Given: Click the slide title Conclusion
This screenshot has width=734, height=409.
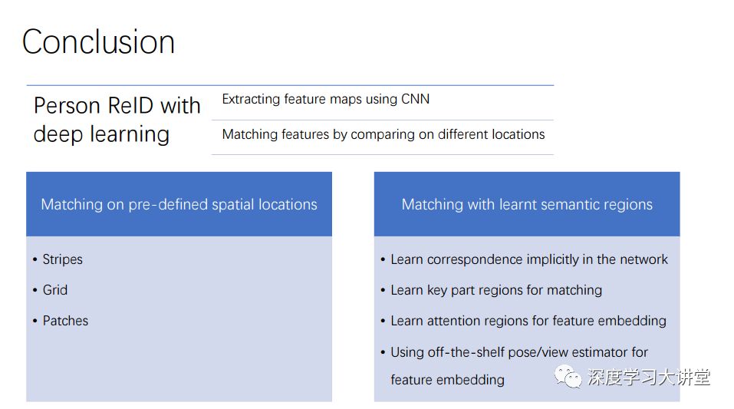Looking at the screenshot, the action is [x=98, y=41].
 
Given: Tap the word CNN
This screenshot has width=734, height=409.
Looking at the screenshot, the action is [x=415, y=99].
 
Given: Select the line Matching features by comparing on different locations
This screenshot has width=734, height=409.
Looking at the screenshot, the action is [x=383, y=134].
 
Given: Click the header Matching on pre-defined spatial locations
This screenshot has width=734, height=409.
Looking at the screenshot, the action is [x=179, y=204].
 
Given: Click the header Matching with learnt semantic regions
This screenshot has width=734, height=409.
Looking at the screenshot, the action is [x=527, y=204].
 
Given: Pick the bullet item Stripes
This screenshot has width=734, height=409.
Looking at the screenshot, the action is [x=62, y=259].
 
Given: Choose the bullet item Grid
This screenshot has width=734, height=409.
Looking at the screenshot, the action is [x=55, y=290].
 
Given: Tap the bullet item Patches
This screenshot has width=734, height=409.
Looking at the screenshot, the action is [x=65, y=321].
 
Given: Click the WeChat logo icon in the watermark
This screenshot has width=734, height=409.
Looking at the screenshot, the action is [x=568, y=376].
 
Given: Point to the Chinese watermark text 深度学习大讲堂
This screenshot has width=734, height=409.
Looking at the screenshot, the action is [x=649, y=377].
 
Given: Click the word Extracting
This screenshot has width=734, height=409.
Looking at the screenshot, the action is [x=252, y=99].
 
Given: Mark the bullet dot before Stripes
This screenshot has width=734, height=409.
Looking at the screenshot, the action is [x=35, y=259].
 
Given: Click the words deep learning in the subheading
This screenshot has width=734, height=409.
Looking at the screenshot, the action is [x=101, y=134].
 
